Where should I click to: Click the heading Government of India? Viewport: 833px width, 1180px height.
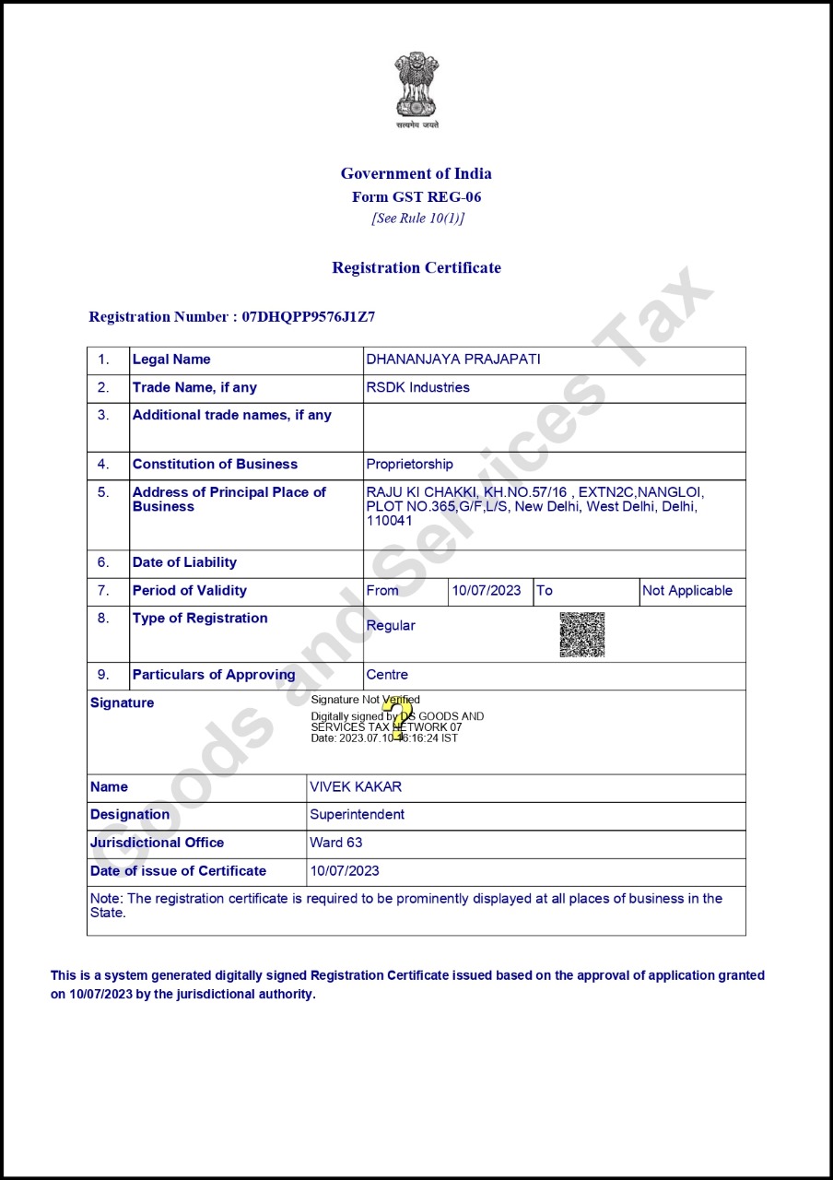[x=416, y=173]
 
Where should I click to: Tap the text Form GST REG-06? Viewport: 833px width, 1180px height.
[x=416, y=197]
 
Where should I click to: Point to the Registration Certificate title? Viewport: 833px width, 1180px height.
[x=416, y=268]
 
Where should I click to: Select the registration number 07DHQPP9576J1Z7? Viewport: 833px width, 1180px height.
[x=309, y=317]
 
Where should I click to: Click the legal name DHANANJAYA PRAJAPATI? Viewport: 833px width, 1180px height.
[x=453, y=360]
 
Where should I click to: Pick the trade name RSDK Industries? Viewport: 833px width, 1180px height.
[x=418, y=387]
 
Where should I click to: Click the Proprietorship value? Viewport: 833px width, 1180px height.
[x=410, y=464]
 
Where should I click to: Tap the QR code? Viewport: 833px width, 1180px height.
[x=582, y=634]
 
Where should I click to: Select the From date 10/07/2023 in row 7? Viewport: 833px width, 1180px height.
[x=487, y=591]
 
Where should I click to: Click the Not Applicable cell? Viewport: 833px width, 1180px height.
[x=687, y=591]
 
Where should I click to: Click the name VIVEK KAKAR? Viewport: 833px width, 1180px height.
[x=356, y=787]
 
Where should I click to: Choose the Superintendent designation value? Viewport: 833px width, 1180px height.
[x=358, y=815]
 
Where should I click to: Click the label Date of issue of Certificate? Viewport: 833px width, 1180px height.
[x=179, y=871]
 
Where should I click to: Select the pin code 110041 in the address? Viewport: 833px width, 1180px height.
[x=390, y=521]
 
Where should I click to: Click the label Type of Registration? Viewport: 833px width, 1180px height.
[x=200, y=619]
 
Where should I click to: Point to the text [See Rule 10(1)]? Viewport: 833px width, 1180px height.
[x=417, y=218]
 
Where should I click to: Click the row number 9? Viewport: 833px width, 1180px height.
[x=103, y=675]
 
